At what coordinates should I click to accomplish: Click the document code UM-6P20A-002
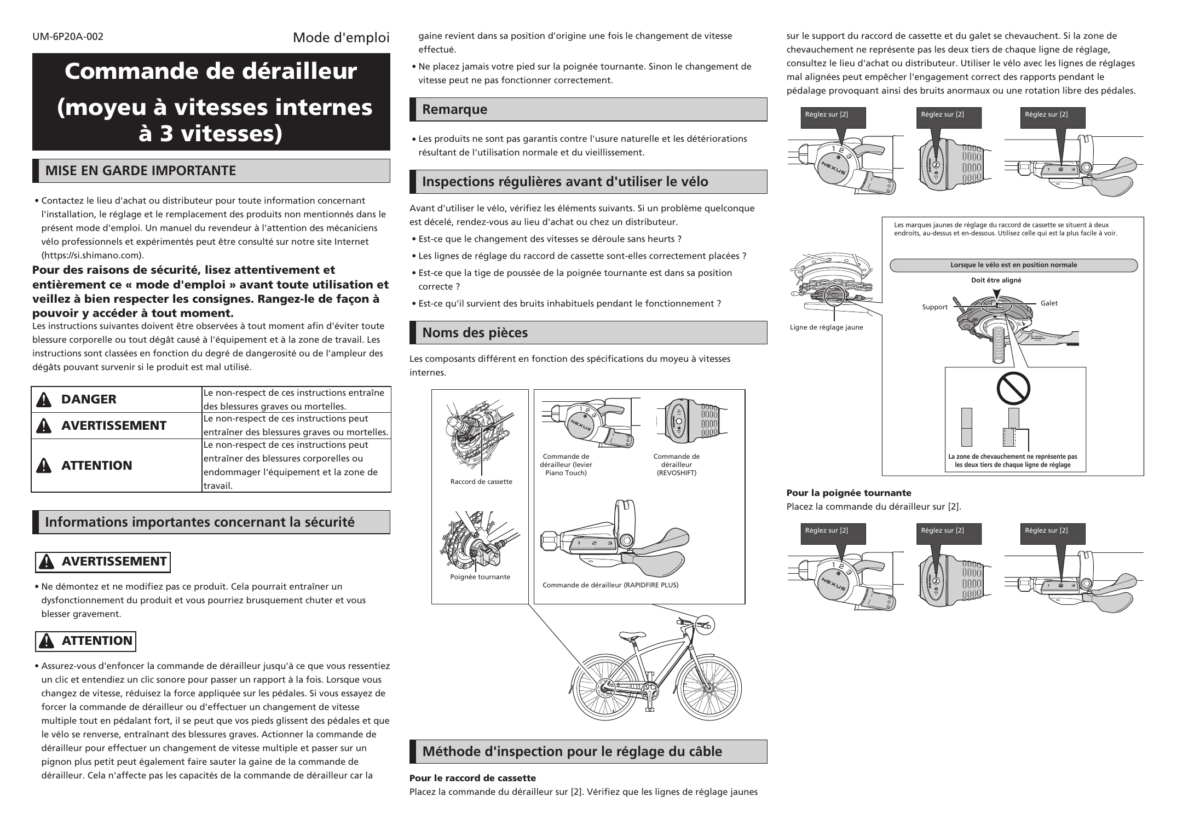click(68, 37)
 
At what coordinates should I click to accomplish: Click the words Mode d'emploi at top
click(341, 38)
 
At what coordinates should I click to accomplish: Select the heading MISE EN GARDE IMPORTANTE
click(140, 171)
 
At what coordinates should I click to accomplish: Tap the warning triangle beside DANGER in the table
click(43, 400)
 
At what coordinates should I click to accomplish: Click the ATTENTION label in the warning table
click(96, 465)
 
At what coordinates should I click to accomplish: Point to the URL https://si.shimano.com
click(93, 255)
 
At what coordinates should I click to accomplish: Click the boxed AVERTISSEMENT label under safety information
click(113, 562)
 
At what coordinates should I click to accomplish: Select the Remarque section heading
click(454, 109)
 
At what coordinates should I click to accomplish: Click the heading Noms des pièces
click(475, 333)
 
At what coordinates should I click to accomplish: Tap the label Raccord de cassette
click(481, 482)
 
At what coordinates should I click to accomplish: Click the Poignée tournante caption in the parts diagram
click(480, 577)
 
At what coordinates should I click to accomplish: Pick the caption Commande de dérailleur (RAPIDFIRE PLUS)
click(610, 585)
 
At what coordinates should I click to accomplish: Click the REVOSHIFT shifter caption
click(676, 465)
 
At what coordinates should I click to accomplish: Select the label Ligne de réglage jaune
click(826, 327)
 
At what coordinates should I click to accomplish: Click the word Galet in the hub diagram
click(1049, 303)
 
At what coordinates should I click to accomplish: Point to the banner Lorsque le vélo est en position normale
click(1013, 266)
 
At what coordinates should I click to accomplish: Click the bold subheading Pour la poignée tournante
click(849, 493)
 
